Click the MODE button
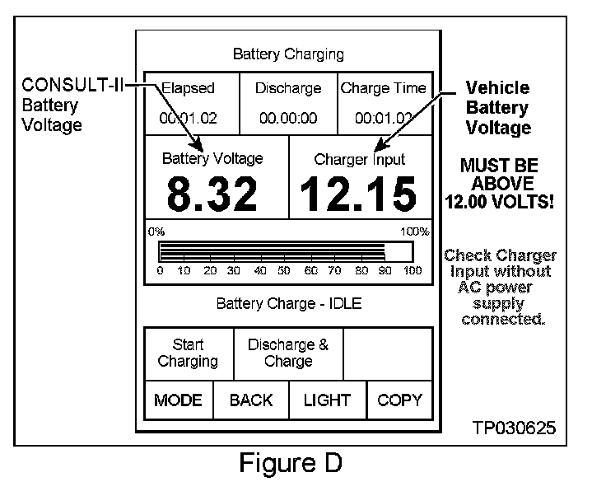point(179,400)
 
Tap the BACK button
point(251,400)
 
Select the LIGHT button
point(327,400)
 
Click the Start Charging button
point(189,353)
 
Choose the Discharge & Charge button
point(288,353)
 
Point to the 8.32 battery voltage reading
point(212,194)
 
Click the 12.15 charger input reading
point(358,194)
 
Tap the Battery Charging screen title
point(288,55)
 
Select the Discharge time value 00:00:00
point(288,119)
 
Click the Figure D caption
point(290,463)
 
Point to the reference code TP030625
point(514,428)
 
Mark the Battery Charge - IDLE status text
point(288,303)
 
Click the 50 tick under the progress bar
point(285,270)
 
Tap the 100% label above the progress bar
point(414,232)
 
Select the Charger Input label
point(360,160)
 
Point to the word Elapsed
point(188,88)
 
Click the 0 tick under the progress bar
point(160,270)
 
